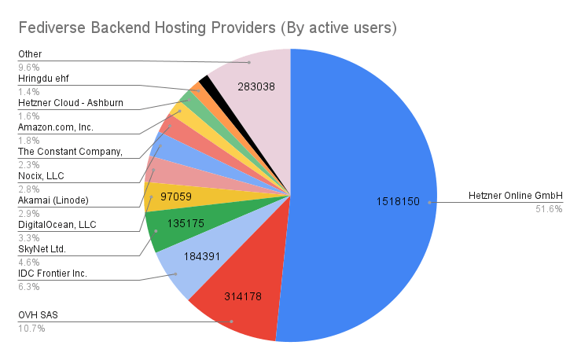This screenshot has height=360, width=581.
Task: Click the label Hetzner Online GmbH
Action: coord(516,196)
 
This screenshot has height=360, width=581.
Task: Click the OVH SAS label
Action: coord(39,314)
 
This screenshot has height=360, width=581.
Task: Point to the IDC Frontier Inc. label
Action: coord(52,273)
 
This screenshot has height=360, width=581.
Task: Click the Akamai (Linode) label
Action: coord(53,200)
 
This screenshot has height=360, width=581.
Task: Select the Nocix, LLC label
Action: coord(41,175)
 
